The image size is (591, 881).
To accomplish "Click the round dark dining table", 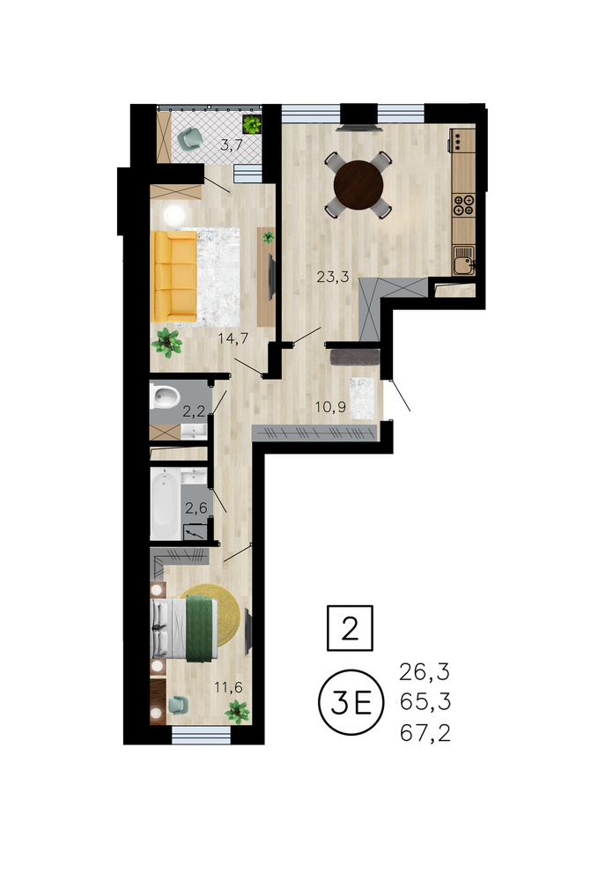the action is point(358,185).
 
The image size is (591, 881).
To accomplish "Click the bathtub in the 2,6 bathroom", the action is point(166,505).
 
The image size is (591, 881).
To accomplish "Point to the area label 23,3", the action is point(333,276).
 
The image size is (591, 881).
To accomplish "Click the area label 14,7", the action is point(233,337).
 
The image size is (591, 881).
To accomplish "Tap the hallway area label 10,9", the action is point(330,407).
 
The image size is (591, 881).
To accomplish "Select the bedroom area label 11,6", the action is point(228,686).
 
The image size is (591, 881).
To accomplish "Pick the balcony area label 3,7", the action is point(232,145).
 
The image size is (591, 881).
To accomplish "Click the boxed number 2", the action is point(350,628).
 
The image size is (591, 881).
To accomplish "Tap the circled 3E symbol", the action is point(351,702).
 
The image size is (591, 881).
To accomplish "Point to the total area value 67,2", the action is point(425,733).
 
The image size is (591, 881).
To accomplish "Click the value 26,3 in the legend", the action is point(425,671).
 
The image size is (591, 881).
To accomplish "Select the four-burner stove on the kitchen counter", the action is point(464,204).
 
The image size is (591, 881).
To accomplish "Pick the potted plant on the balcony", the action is point(252,124).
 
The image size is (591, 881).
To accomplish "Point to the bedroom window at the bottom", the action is point(201,735).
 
